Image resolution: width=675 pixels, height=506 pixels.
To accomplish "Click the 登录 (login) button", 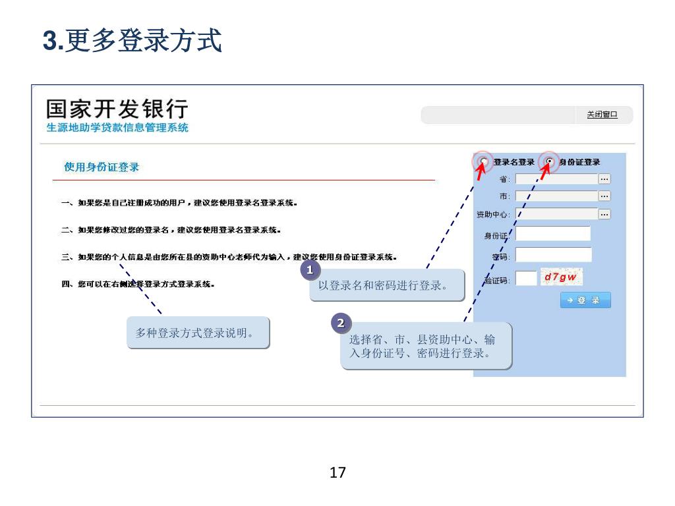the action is (585, 300).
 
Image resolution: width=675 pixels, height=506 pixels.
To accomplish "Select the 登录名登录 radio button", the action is (484, 162).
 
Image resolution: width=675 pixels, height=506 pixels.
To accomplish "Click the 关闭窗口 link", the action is (602, 115).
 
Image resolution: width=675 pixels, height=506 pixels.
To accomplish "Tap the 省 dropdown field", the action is (556, 179).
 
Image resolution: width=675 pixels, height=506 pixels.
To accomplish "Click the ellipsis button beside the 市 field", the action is (604, 196).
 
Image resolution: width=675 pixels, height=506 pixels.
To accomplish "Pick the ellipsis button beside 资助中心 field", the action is (604, 213).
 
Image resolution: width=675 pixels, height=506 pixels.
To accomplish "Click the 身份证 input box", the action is (552, 234).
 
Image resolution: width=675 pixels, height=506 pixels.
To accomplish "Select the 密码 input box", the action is (553, 255).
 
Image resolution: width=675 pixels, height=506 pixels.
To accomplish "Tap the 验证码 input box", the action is (526, 278).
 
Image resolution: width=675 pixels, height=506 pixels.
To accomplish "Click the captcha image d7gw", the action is (560, 277).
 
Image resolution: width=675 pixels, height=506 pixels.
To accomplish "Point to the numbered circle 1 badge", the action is (310, 269).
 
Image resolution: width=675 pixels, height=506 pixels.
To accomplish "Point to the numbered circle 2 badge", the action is (340, 323).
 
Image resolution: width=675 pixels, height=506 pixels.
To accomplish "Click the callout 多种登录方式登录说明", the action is (198, 333).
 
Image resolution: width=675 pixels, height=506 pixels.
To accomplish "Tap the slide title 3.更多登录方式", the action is (132, 40).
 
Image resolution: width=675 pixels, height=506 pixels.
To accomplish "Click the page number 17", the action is (337, 472).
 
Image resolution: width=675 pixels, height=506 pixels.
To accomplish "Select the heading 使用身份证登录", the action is (102, 167).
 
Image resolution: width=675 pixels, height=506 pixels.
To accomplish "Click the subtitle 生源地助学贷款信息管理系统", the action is (117, 128).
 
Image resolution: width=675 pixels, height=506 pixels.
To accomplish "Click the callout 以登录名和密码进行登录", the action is (386, 285).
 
